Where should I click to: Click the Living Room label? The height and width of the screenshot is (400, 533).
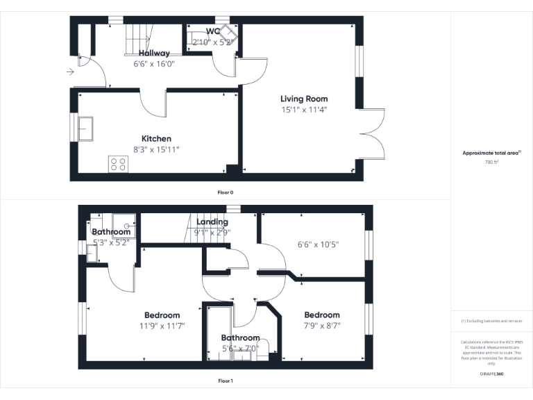[304, 99]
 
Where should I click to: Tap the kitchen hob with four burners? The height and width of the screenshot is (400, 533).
[118, 164]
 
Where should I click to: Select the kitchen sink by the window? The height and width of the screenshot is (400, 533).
[86, 129]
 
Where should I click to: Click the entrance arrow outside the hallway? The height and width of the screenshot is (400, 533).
[70, 71]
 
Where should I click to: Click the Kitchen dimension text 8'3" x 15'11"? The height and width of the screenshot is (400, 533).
[156, 149]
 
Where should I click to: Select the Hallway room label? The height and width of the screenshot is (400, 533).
[153, 53]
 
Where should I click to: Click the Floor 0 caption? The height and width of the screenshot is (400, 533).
[226, 192]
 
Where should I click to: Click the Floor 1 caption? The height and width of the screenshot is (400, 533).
[226, 381]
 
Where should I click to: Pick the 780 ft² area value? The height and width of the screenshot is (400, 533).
[491, 162]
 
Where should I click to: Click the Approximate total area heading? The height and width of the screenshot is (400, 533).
[491, 153]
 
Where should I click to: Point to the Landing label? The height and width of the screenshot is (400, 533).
[212, 222]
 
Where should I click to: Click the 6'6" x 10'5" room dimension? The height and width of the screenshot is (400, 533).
[318, 244]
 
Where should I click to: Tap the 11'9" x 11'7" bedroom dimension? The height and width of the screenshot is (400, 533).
[162, 325]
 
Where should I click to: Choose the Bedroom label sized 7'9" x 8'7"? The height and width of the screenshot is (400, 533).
[321, 315]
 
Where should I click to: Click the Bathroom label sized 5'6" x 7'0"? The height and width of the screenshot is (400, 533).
[240, 338]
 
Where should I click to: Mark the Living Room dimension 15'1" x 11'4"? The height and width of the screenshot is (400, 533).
[304, 109]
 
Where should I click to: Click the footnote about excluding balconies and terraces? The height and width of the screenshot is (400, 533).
[491, 321]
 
